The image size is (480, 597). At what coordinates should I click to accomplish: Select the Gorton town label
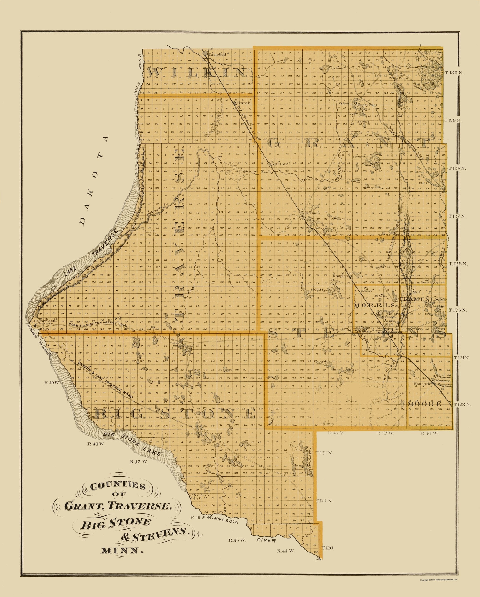coord(278,164)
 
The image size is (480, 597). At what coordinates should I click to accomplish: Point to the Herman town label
coord(312,213)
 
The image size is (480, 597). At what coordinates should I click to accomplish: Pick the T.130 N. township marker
coord(454,72)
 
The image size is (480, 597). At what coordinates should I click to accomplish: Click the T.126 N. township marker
coord(458,264)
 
